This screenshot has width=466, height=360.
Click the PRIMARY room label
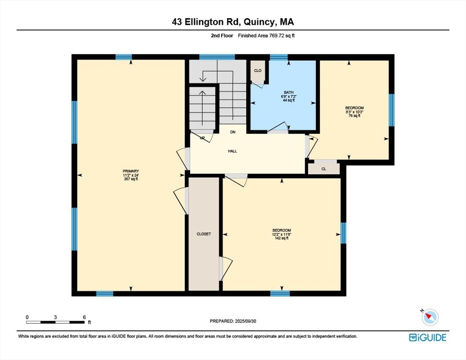tap(131, 171)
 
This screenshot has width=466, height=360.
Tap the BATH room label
tap(289, 92)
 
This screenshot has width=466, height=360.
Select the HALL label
tap(233, 151)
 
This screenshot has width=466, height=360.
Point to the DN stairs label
tap(233, 132)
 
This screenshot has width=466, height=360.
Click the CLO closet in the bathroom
tap(258, 70)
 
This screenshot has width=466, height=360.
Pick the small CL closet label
tap(323, 169)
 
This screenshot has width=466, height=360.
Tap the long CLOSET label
tap(204, 234)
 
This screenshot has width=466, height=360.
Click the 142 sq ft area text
tap(281, 238)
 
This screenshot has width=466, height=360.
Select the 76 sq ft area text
tap(354, 116)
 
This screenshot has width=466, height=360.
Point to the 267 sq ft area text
tap(131, 179)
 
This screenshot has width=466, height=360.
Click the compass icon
tap(430, 317)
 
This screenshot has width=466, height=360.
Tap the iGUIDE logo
tap(428, 337)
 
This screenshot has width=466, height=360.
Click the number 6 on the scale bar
tap(84, 317)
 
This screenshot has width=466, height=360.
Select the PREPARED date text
tap(233, 321)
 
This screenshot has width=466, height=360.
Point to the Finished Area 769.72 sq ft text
tap(266, 36)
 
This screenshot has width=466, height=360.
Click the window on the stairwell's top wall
tap(217, 57)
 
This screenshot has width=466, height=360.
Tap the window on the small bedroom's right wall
tap(391, 110)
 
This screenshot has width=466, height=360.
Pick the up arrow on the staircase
tap(203, 108)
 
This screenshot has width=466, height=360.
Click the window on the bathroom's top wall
tap(279, 57)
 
